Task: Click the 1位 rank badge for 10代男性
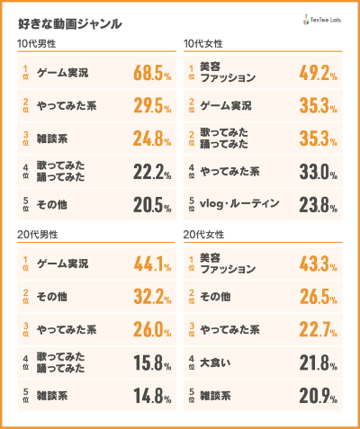[x=25, y=71]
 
